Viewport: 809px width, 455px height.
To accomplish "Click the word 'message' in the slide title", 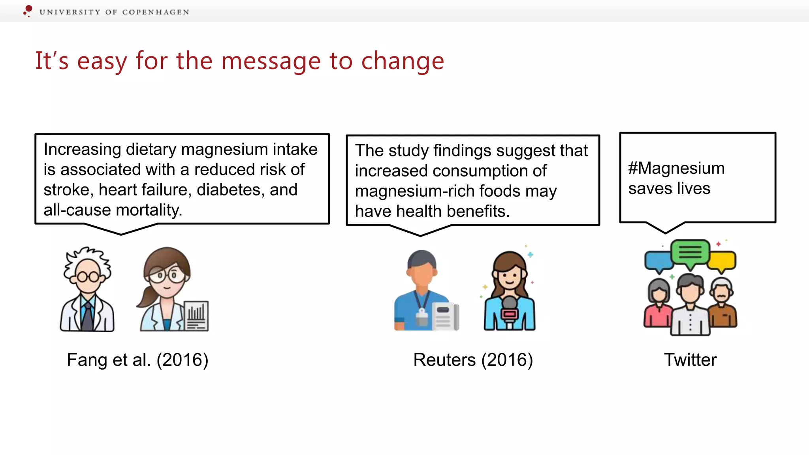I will pos(271,61).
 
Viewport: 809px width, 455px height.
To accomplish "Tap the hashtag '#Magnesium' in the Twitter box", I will pos(676,168).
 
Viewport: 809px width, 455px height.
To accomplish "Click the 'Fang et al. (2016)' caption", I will pos(137,360).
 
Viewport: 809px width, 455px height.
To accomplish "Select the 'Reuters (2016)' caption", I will pos(473,360).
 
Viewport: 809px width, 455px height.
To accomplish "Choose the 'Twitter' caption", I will pos(690,360).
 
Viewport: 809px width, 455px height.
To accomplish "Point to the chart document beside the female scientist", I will pos(197,316).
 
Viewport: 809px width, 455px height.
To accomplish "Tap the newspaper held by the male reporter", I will pos(445,316).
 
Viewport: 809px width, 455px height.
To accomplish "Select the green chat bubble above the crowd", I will pos(690,252).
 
